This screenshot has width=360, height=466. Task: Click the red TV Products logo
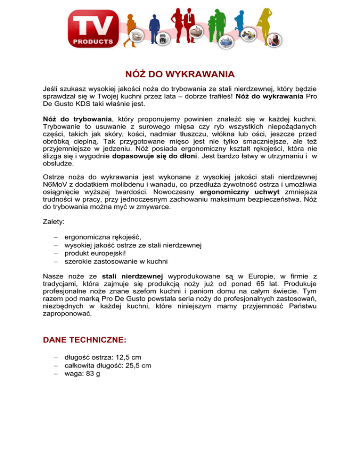[93, 29]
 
